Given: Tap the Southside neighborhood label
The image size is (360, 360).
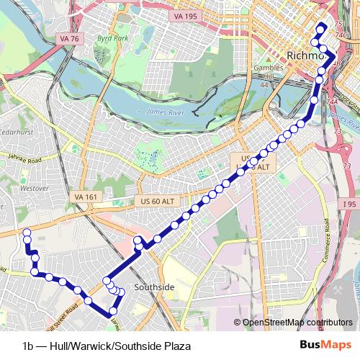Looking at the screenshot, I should pos(154,287).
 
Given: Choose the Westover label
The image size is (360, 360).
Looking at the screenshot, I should pos(35,188).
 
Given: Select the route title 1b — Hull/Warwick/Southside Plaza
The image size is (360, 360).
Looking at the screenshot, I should pos(107,346).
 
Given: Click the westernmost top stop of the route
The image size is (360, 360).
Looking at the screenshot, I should pos(27,232).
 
